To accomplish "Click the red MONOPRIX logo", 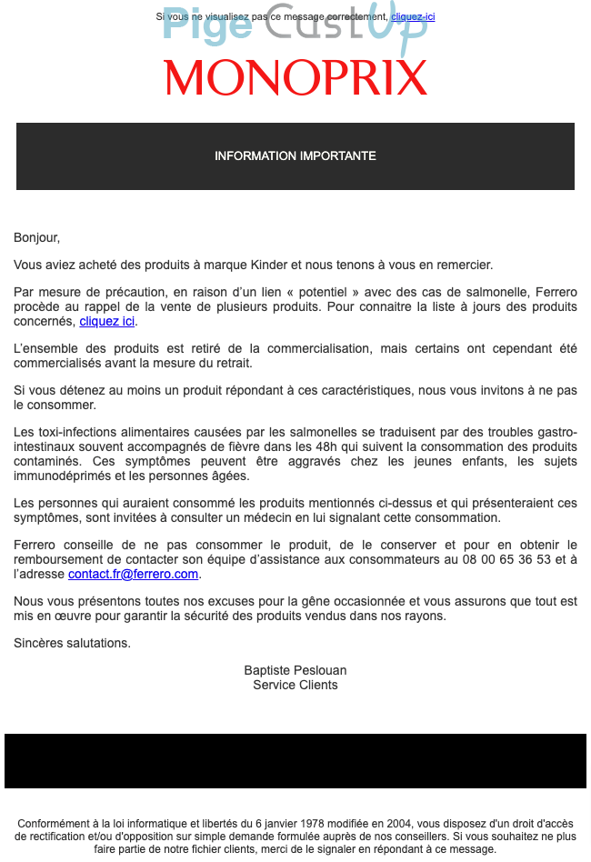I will [x=295, y=78].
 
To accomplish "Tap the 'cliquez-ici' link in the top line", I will [x=413, y=16].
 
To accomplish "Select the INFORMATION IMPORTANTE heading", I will [x=295, y=155].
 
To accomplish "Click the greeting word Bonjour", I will [x=35, y=237].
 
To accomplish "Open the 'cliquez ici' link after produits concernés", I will [x=107, y=321].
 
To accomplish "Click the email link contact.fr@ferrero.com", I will [x=133, y=574].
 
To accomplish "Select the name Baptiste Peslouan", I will [x=295, y=670].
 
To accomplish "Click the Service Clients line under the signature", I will [x=295, y=685].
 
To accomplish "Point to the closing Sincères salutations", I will [x=73, y=643].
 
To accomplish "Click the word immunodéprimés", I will [x=63, y=476].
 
